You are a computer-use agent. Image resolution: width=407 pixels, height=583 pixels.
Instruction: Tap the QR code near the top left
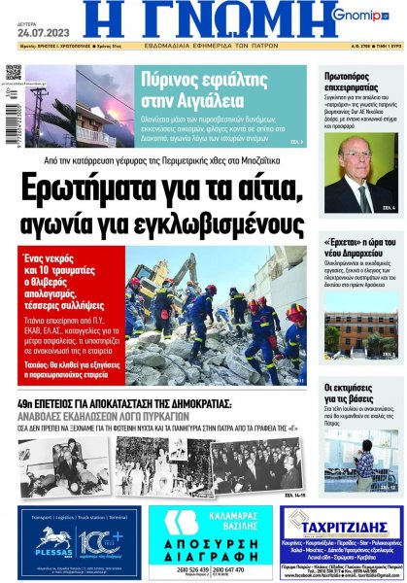point(14,72)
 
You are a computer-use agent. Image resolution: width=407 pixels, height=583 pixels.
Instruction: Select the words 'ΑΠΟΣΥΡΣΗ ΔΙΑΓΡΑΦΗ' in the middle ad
point(202,546)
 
